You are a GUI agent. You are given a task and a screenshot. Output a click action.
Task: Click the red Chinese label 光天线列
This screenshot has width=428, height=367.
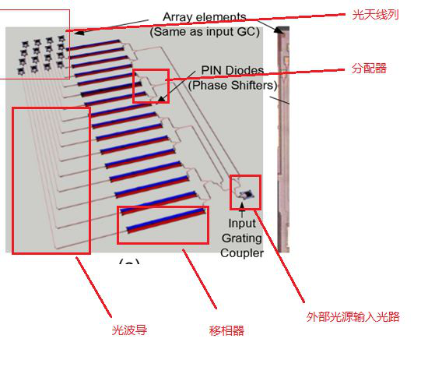375,15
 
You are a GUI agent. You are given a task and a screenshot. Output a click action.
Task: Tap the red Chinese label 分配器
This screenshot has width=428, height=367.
369,68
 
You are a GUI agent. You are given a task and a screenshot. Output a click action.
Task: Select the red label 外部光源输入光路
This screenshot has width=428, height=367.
353,316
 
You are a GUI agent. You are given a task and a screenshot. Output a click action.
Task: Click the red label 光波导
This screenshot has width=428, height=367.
129,330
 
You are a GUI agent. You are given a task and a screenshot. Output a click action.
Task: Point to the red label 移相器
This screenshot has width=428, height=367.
226,330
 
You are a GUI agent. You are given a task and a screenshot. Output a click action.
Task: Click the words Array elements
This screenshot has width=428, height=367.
205,17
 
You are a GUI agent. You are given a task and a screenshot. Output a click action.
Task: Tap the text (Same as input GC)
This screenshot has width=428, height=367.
205,32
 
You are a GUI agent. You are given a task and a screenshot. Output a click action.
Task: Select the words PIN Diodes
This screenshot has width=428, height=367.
233,70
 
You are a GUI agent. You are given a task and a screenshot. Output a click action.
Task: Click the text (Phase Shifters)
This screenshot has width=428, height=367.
233,85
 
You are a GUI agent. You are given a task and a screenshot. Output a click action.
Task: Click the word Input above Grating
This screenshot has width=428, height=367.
242,224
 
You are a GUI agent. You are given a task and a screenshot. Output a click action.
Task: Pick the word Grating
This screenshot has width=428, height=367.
242,238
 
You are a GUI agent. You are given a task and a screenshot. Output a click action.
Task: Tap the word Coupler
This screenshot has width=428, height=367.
242,253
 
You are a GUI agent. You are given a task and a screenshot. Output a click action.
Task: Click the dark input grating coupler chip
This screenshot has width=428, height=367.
247,194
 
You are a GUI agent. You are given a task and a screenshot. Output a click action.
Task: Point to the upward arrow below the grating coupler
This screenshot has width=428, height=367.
242,210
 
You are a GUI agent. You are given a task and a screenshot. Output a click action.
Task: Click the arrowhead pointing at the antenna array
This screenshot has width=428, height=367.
79,32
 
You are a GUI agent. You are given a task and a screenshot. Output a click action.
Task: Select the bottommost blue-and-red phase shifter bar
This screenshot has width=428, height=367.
166,221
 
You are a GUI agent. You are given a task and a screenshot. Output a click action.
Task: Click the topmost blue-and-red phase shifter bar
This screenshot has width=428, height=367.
93,45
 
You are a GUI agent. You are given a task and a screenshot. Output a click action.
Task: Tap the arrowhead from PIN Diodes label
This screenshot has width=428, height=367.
162,99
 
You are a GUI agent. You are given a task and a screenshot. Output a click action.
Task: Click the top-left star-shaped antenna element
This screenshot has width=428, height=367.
25,44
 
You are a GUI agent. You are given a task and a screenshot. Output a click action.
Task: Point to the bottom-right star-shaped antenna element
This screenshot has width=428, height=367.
59,65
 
